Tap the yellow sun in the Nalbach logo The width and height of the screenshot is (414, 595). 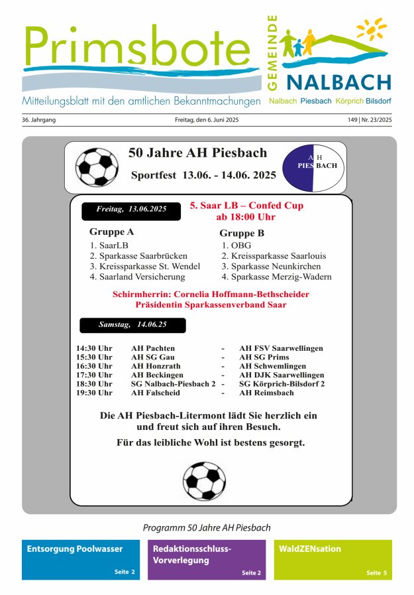click(372, 29)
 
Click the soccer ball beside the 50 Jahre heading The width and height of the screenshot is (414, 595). click(97, 166)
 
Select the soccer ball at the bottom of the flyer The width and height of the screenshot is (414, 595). click(204, 480)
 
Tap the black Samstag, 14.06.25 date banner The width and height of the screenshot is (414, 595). click(132, 325)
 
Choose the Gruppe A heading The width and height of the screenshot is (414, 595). click(111, 232)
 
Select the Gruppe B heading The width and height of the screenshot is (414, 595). click(242, 233)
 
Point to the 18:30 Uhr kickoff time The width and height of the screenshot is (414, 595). click(94, 383)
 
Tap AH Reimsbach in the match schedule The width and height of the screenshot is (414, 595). click(266, 393)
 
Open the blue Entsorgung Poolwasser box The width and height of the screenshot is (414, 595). click(80, 560)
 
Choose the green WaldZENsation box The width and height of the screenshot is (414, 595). click(333, 560)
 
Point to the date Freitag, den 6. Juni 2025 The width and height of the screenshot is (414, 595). click(206, 120)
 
